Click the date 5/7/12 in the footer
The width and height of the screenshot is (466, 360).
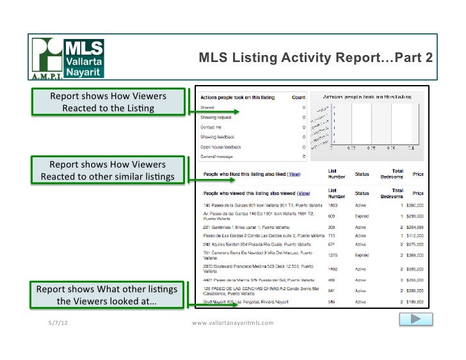coord(58,322)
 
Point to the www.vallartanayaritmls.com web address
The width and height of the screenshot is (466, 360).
coord(232,323)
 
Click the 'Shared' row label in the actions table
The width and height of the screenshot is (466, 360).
coord(207,108)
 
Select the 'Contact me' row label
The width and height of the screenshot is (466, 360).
coord(211,127)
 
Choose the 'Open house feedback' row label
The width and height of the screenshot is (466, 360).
coord(221,146)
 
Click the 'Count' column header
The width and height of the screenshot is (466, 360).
coord(298,97)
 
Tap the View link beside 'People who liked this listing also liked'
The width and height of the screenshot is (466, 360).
coord(294,174)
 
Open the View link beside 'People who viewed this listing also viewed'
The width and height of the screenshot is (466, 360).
coord(303,192)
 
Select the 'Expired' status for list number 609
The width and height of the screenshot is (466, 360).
coord(362,216)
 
